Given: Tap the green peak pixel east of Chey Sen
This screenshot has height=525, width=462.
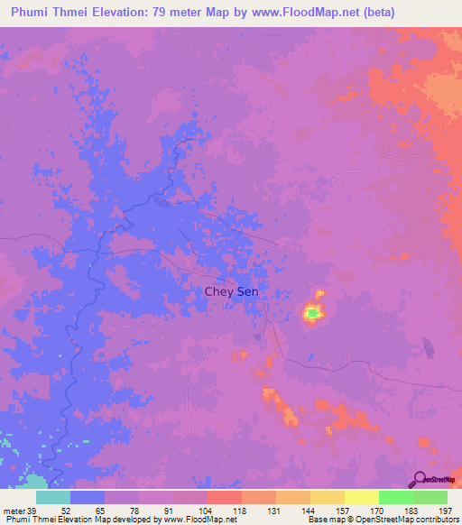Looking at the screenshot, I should click(312, 313).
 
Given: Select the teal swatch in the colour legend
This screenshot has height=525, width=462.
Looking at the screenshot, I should click(53, 497).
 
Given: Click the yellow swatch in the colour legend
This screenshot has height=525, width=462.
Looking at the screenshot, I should click(362, 497).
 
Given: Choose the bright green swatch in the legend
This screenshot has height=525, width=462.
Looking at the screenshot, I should click(396, 497).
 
